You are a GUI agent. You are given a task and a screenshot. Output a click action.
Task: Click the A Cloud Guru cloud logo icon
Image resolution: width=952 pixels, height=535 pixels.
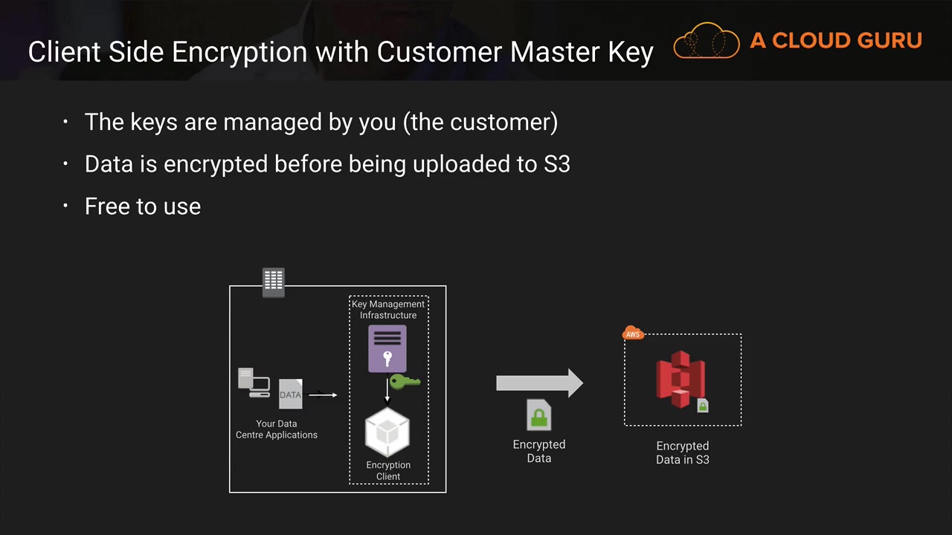click(x=706, y=41)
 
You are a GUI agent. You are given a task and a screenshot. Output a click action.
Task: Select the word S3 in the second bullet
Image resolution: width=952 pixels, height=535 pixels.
click(x=557, y=163)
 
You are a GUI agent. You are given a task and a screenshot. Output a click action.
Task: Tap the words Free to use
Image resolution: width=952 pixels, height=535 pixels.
click(x=143, y=206)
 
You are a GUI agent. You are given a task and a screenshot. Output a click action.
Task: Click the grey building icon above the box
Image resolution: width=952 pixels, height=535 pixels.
click(x=274, y=282)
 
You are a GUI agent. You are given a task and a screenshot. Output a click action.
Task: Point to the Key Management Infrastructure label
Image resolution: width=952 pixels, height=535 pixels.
click(x=388, y=310)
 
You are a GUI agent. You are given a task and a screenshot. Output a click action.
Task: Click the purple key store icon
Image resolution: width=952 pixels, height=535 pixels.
click(x=387, y=348)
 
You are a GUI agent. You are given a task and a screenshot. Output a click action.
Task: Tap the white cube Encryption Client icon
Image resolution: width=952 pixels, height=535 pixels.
click(x=387, y=432)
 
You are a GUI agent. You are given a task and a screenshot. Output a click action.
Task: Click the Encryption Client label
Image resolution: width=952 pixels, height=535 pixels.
click(x=388, y=470)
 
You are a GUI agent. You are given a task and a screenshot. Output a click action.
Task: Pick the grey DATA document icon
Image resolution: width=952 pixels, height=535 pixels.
click(x=290, y=394)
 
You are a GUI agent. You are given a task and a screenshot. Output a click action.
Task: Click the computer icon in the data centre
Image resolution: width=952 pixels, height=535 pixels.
click(x=253, y=382)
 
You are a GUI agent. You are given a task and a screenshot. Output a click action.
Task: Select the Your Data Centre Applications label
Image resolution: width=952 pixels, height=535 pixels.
click(x=277, y=429)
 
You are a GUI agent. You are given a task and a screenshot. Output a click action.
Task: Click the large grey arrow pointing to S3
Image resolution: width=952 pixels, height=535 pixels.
click(x=539, y=383)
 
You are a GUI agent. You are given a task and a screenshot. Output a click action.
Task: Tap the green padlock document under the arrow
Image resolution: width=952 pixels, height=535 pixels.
click(x=539, y=415)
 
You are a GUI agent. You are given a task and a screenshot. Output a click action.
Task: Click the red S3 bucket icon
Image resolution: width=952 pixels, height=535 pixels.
click(x=679, y=379)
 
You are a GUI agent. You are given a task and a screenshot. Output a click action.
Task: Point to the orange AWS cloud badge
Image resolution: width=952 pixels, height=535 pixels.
click(x=633, y=334)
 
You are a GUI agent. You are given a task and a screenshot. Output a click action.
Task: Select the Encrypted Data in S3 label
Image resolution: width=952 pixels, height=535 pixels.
click(x=683, y=453)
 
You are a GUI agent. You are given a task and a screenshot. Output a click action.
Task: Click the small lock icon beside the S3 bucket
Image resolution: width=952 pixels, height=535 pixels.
click(x=703, y=406)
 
